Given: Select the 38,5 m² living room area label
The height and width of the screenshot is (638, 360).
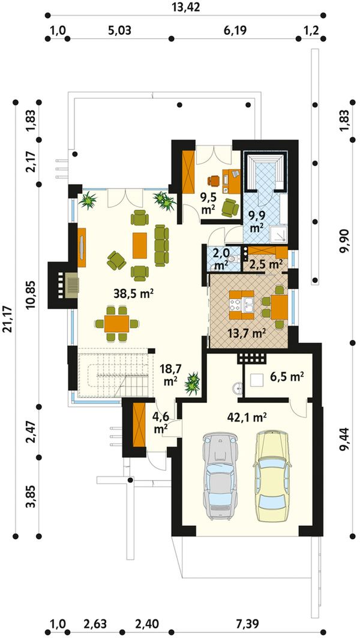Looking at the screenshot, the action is click(133, 294).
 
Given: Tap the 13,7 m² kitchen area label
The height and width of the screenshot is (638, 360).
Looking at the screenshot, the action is click(246, 334).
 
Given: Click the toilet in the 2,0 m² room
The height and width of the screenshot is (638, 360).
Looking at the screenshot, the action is click(232, 258).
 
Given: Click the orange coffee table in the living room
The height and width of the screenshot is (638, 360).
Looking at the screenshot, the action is click(140, 245).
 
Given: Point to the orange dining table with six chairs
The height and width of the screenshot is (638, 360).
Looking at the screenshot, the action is click(116, 323).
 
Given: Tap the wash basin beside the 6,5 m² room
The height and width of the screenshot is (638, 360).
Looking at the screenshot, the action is click(237, 389).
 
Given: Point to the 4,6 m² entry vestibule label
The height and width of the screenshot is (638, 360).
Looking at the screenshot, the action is click(161, 423).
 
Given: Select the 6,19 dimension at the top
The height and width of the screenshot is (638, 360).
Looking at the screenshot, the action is click(235, 31).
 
